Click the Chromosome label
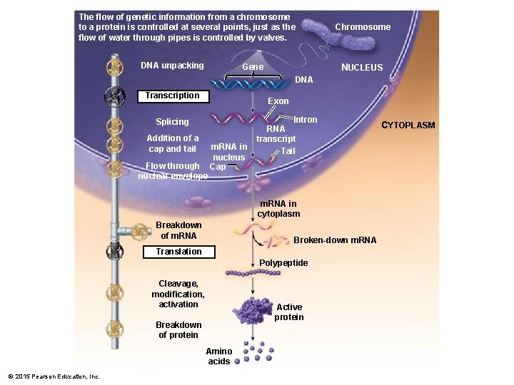(x=363, y=27)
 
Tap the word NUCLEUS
(x=362, y=68)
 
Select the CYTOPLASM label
(x=408, y=125)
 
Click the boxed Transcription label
(x=172, y=96)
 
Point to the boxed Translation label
(x=178, y=252)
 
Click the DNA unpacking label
(x=172, y=66)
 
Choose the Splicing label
(x=172, y=122)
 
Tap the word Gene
(x=253, y=67)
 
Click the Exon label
(x=278, y=101)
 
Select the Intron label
(x=306, y=119)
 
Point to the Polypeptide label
(x=283, y=263)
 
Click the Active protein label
(x=289, y=312)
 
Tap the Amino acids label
(x=218, y=356)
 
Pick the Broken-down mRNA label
(x=335, y=240)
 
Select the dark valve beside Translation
(x=113, y=252)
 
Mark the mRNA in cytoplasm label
(x=278, y=209)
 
